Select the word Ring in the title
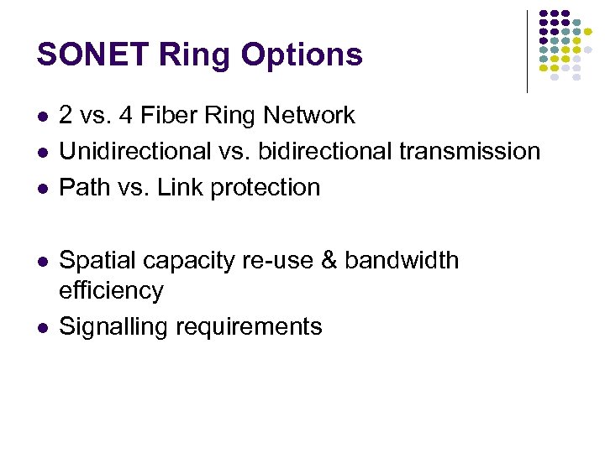[197, 55]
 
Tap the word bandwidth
[402, 261]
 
